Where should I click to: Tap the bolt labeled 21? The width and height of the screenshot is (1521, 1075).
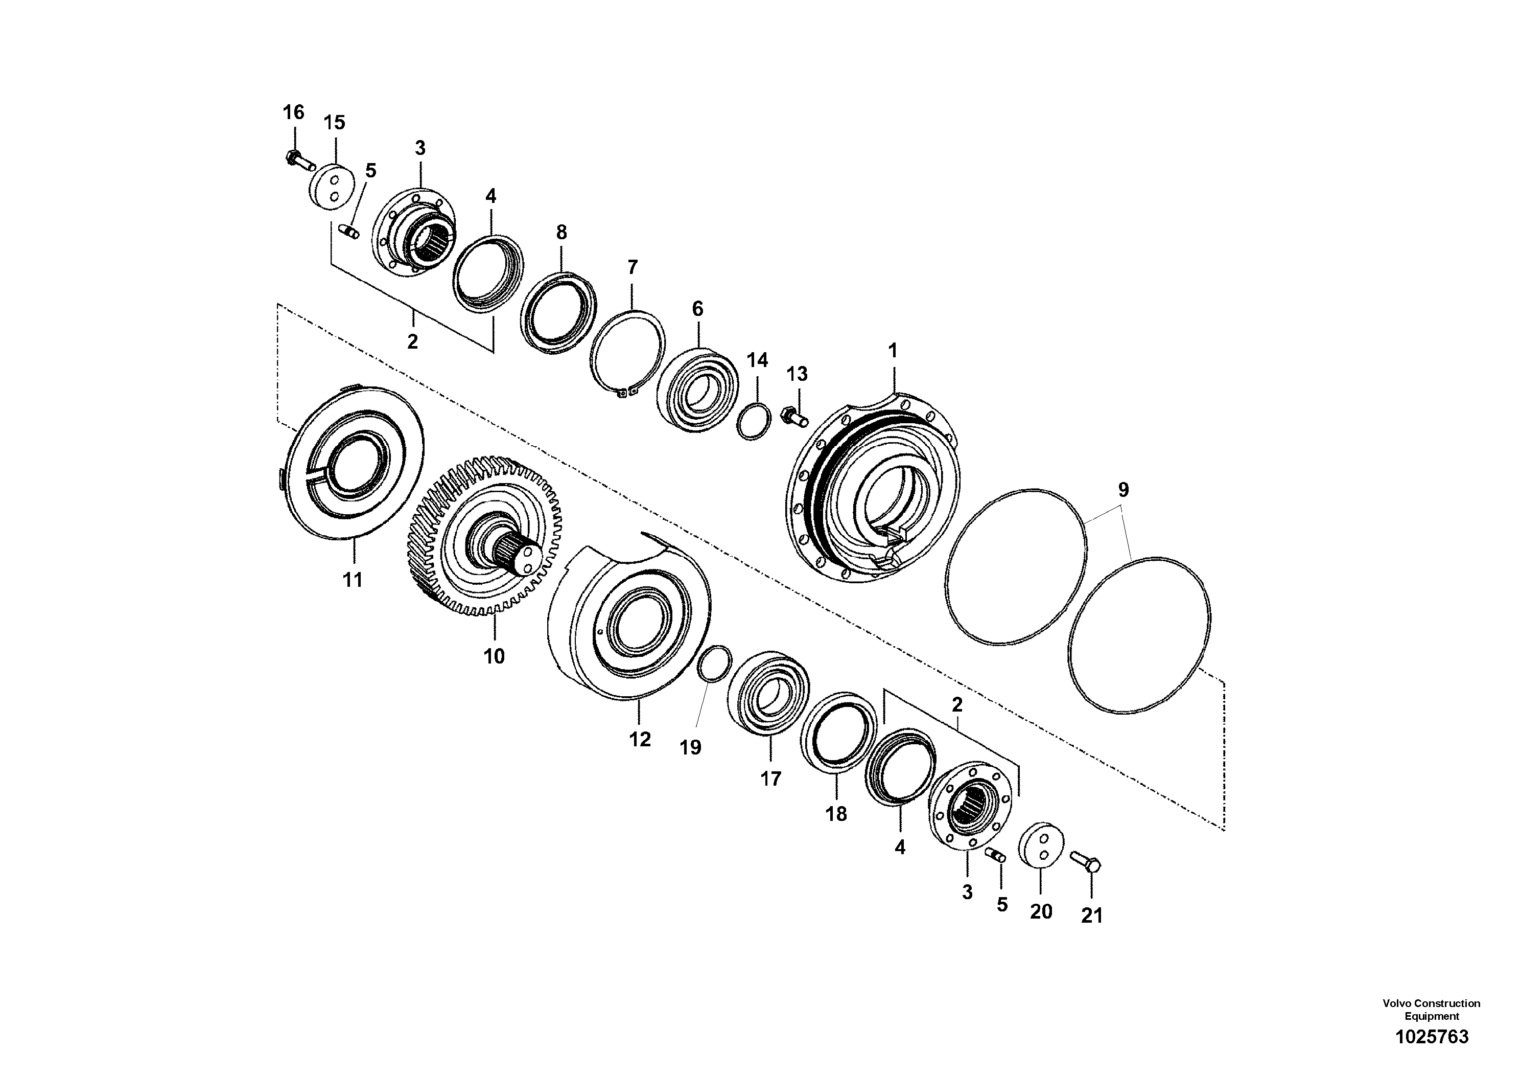click(1085, 861)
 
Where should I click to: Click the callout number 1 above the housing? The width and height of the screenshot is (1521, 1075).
click(893, 351)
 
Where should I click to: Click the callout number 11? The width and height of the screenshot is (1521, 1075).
click(353, 579)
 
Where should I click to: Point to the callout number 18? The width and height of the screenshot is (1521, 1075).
click(836, 814)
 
